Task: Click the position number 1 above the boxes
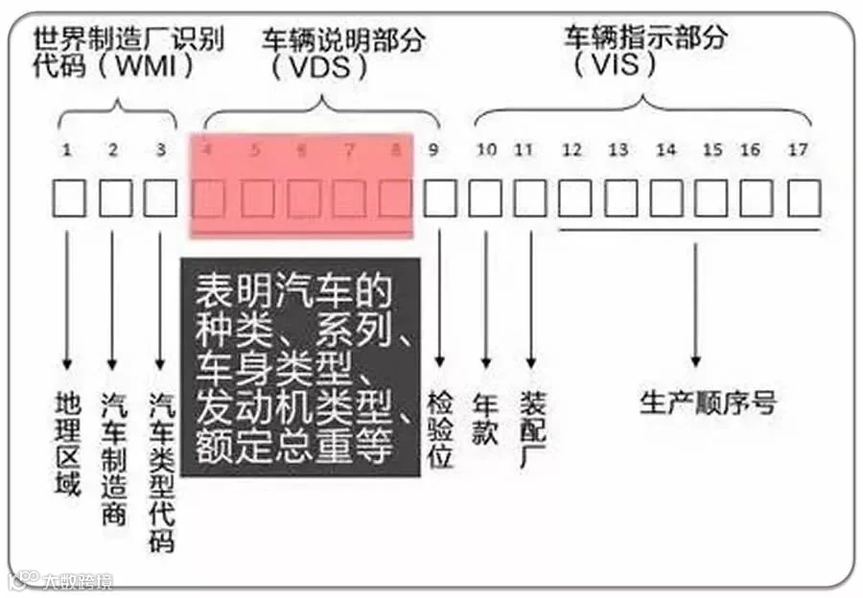[67, 149]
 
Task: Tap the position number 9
[434, 149]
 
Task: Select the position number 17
[798, 149]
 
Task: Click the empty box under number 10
[485, 198]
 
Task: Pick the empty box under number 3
[160, 198]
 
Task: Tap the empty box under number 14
[666, 198]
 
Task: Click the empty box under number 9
[440, 198]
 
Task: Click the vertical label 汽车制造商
[113, 457]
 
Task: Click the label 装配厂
[532, 428]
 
